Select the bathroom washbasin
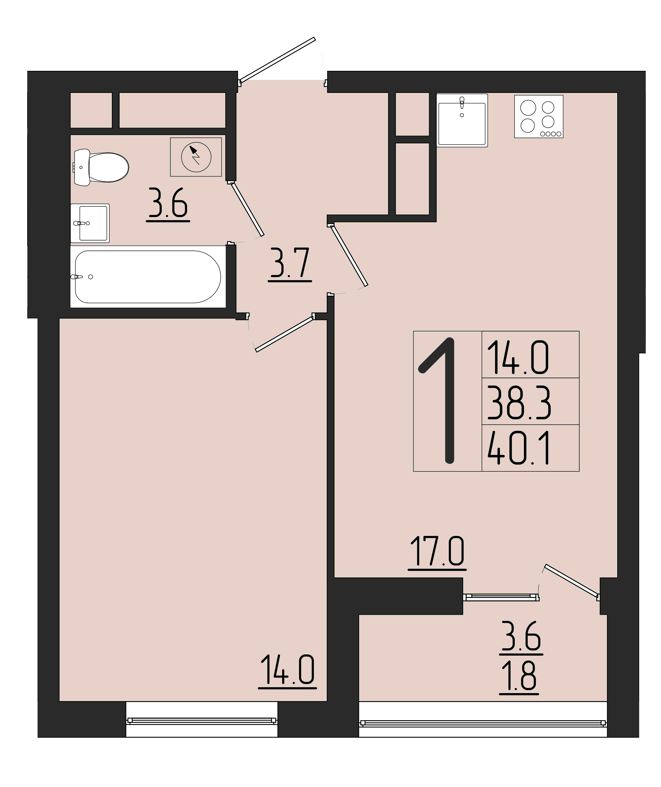[90, 223]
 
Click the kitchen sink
[462, 120]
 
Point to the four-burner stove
[539, 117]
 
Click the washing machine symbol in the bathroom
[196, 157]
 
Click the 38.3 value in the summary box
[519, 403]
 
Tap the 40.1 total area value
[518, 448]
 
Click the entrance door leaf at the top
[277, 60]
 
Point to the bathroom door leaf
[247, 209]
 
